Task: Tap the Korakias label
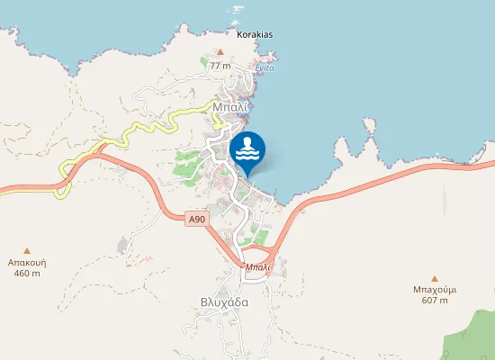pyautogui.click(x=255, y=35)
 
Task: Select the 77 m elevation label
pyautogui.click(x=220, y=67)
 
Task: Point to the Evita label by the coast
pyautogui.click(x=265, y=68)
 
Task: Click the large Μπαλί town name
pyautogui.click(x=229, y=106)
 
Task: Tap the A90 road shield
pyautogui.click(x=197, y=219)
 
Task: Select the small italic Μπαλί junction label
pyautogui.click(x=257, y=267)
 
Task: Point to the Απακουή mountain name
pyautogui.click(x=27, y=263)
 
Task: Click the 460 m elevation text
pyautogui.click(x=27, y=274)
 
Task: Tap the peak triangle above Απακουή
pyautogui.click(x=27, y=250)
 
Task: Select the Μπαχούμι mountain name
pyautogui.click(x=435, y=290)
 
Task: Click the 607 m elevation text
pyautogui.click(x=435, y=301)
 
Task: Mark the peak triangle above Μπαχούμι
pyautogui.click(x=435, y=278)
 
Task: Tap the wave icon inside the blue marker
pyautogui.click(x=247, y=148)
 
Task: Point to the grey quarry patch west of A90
pyautogui.click(x=122, y=245)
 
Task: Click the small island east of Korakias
pyautogui.click(x=238, y=9)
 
